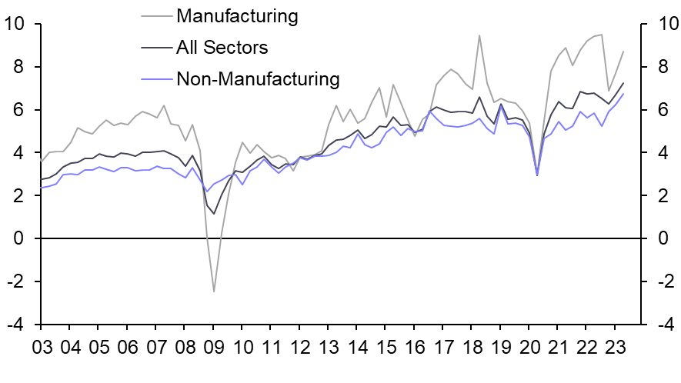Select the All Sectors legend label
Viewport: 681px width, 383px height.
pyautogui.click(x=222, y=48)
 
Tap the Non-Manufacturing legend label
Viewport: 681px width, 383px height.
pyautogui.click(x=257, y=78)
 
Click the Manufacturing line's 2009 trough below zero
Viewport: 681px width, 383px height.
pyautogui.click(x=214, y=291)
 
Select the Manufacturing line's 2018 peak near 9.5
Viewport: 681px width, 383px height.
pyautogui.click(x=479, y=35)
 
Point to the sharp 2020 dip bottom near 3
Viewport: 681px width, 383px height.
pyautogui.click(x=536, y=175)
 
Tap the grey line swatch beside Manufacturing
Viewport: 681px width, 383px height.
pyautogui.click(x=157, y=15)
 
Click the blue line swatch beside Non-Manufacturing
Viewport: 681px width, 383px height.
pyautogui.click(x=157, y=78)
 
